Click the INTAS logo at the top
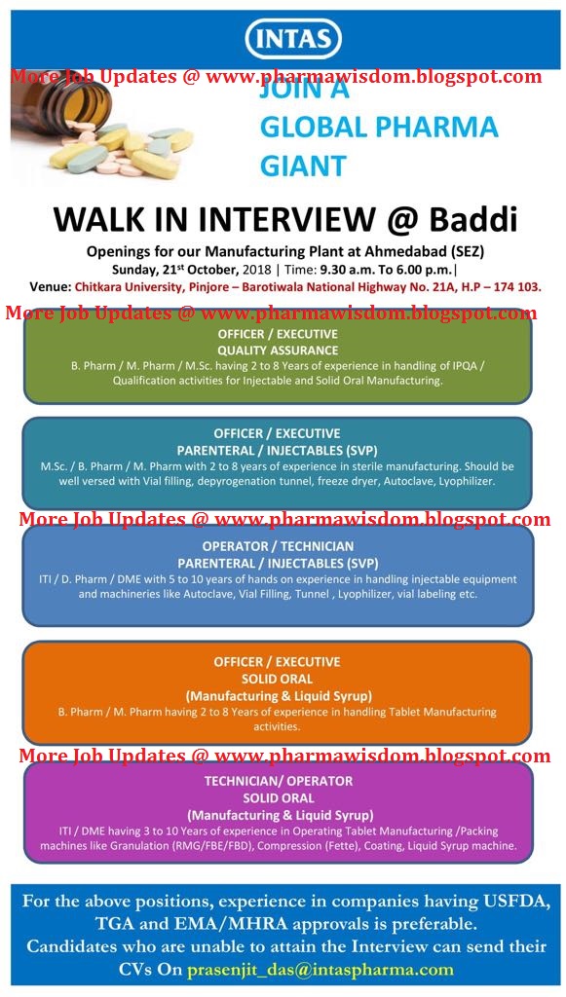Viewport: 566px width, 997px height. [x=293, y=40]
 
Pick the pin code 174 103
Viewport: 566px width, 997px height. [x=511, y=287]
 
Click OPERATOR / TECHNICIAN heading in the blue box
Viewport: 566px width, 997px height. [x=279, y=546]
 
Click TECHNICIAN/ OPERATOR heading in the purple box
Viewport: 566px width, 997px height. [x=279, y=781]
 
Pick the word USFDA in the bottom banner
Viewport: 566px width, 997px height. [x=503, y=901]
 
